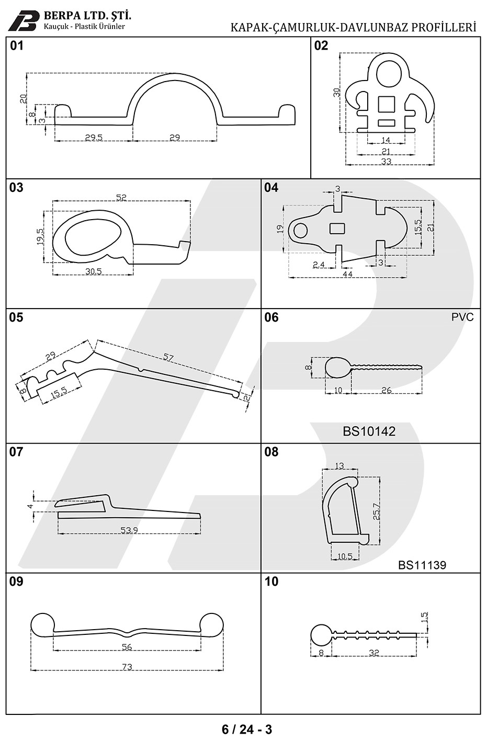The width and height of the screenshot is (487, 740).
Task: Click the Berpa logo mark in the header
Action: pos(23,21)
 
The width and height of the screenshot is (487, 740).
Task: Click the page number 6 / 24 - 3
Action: pos(246,729)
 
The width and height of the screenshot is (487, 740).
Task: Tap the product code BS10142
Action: pos(369,431)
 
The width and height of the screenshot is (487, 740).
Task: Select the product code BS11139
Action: pos(422,565)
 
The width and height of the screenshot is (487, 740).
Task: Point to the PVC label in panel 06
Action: pos(462,317)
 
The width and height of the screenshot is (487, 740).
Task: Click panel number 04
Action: pos(271,188)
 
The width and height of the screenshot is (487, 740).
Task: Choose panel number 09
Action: pos(16,582)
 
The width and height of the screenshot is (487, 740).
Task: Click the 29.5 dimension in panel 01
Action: pos(94,138)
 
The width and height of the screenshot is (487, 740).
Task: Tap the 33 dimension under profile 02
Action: pos(386,161)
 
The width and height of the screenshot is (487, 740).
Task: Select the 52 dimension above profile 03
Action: pos(121,197)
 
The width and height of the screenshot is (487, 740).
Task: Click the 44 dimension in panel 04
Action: pos(347,274)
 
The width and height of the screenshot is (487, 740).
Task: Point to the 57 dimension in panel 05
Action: pos(168,357)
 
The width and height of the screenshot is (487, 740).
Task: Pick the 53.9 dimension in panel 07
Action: pos(129,530)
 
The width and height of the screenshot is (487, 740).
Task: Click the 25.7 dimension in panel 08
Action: pos(376,511)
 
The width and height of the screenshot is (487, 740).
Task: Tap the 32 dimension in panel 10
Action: pos(374,653)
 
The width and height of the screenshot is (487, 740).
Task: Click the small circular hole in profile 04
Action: pos(300,231)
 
